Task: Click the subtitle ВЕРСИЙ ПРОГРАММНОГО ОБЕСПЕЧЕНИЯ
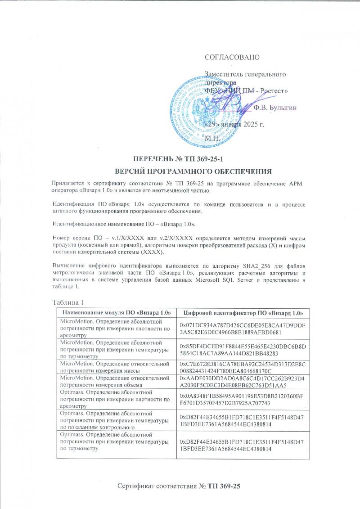click(x=193, y=171)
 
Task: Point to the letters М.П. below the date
click(x=212, y=138)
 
